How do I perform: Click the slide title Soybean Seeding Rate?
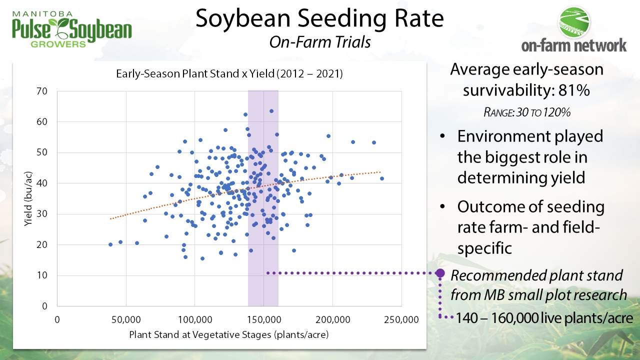pos(319,19)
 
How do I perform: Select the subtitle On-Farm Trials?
pos(319,42)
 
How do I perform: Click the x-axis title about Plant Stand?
pos(229,334)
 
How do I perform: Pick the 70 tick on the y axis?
pos(43,91)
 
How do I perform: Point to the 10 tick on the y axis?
pos(43,275)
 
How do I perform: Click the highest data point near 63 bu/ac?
pos(271,111)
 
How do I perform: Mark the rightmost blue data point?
pos(382,178)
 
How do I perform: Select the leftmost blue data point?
pos(110,244)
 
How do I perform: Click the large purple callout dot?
pos(440,273)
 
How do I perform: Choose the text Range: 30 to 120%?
pos(527,112)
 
